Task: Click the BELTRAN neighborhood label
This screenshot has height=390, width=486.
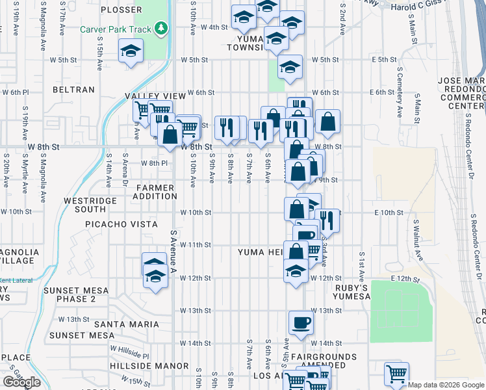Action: coord(73,90)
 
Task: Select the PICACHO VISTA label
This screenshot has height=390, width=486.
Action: coord(122,224)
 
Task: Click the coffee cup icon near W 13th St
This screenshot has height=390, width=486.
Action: coord(301,322)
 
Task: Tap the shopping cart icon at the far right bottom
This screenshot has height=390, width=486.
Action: coord(396,374)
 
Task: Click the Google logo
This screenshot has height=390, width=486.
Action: coord(21,382)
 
